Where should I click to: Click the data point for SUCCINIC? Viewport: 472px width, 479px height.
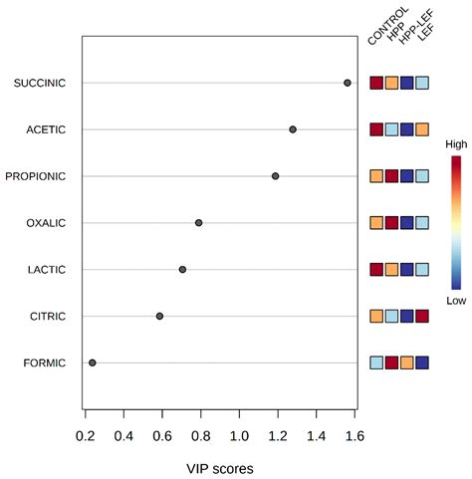coord(348,83)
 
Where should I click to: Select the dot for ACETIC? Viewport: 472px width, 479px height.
coord(293,129)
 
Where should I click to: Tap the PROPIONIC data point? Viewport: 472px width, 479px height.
coord(276,176)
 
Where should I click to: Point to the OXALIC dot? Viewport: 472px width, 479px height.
coord(199,223)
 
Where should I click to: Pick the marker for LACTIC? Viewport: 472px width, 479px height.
coord(182,269)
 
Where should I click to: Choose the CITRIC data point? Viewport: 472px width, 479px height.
coord(159,316)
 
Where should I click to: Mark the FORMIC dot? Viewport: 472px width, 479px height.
coord(93,362)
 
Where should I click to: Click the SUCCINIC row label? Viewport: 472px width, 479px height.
coord(40,83)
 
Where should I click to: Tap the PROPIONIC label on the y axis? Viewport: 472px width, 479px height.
coord(36,176)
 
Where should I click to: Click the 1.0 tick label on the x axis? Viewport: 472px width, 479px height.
coord(239,436)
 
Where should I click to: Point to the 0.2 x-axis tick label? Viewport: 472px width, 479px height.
coord(86,436)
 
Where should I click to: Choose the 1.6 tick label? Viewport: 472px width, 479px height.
coord(354,436)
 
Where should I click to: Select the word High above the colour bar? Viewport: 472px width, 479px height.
coord(456,144)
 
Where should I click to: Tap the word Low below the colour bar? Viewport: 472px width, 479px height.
coord(456,299)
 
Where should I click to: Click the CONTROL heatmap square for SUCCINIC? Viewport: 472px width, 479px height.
coord(376,83)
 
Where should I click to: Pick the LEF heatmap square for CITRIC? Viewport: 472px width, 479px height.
coord(422,316)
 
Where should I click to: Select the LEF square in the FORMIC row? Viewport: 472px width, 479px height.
coord(422,362)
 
